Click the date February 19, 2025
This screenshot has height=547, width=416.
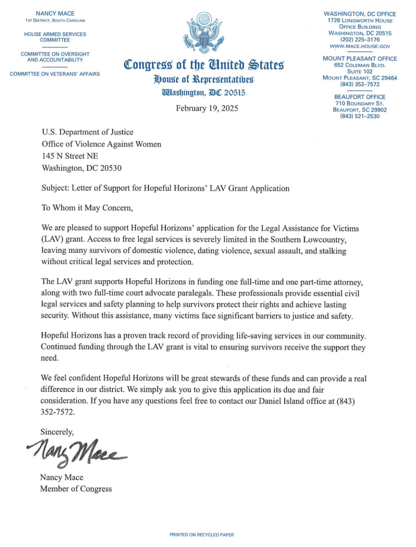tap(207, 108)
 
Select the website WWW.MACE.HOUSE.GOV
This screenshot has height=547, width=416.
tap(360, 46)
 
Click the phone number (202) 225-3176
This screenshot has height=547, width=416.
tap(360, 40)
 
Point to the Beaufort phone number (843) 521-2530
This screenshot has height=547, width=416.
tap(360, 116)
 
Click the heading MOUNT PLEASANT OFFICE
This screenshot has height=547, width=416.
tap(360, 58)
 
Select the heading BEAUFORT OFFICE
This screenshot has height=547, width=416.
tap(360, 97)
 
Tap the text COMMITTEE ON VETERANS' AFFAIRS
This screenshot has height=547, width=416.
tap(55, 74)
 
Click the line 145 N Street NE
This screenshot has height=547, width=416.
tap(69, 156)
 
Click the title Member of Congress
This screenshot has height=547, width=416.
tap(76, 489)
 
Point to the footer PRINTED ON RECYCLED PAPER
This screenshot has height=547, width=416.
tap(201, 535)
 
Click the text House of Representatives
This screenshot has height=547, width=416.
tap(203, 80)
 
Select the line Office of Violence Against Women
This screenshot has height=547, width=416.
tap(101, 144)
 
